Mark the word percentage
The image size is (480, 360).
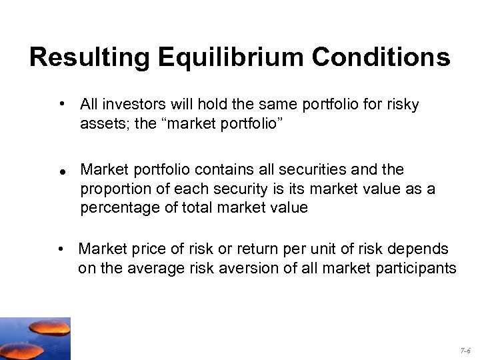(x=113, y=208)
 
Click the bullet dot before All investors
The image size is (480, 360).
(x=61, y=105)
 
